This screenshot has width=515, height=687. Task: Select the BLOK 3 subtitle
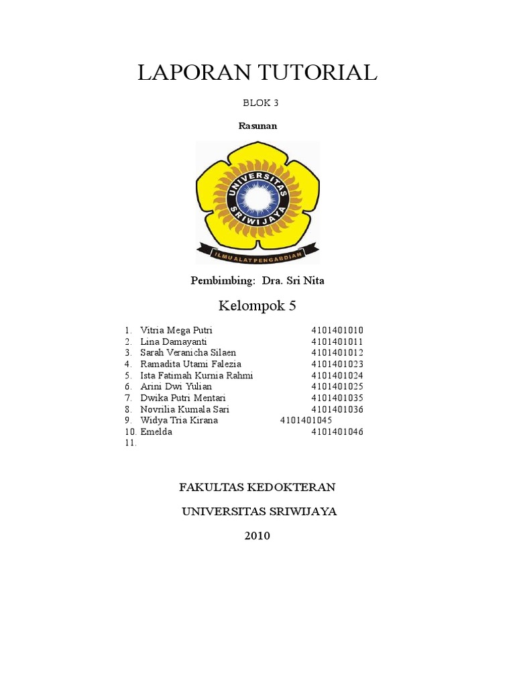[257, 103]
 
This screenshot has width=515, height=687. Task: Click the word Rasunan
[257, 125]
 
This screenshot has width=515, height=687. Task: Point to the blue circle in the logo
[257, 198]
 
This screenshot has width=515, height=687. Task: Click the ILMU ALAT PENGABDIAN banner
[258, 254]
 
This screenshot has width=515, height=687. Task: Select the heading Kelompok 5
[257, 307]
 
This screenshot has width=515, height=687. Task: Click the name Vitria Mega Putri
[176, 331]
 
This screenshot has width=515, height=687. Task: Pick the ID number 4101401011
[337, 341]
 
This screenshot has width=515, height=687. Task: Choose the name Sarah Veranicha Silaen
[188, 353]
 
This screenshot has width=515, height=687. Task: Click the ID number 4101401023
[337, 364]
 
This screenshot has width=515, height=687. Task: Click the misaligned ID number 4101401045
[306, 421]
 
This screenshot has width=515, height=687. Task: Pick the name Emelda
[156, 432]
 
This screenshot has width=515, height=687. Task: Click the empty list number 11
[130, 443]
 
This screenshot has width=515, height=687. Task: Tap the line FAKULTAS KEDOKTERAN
[257, 486]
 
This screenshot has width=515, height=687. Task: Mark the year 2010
[257, 536]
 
